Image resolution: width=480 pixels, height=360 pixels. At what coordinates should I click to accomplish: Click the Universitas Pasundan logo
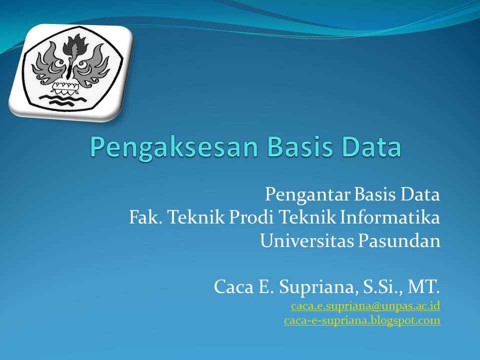point(71,70)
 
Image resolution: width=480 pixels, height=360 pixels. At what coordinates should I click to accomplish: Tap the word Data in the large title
point(370,147)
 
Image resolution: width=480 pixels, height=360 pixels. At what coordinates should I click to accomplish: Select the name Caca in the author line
point(231,287)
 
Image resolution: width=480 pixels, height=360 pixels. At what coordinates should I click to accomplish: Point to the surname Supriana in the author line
point(309,287)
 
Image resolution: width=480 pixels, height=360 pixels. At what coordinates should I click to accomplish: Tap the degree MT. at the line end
point(424,287)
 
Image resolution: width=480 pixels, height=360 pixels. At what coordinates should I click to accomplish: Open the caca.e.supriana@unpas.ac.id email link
point(365,305)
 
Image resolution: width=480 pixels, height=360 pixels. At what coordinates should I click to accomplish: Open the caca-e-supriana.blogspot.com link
point(362,320)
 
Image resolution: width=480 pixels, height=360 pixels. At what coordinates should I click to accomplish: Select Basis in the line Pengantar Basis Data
point(374,194)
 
